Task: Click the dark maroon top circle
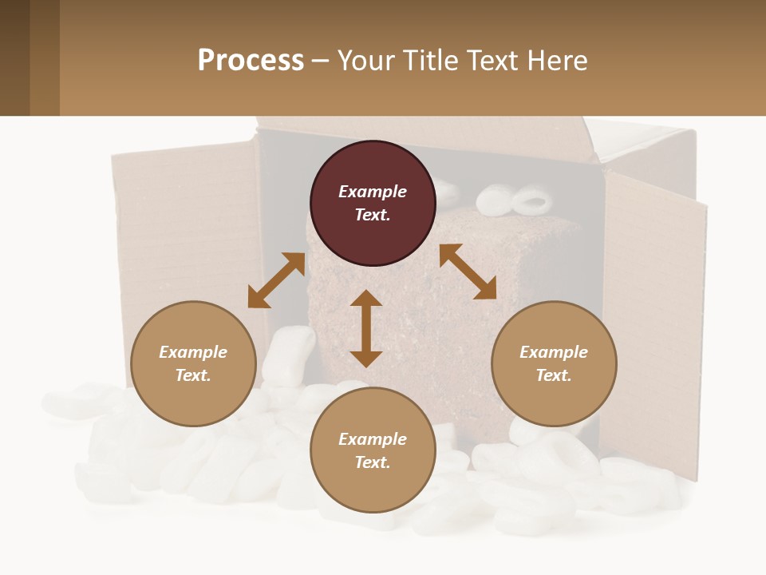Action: coord(373,203)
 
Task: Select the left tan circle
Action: coord(193,363)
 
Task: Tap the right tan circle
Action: coord(554,363)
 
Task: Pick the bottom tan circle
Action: coord(373,450)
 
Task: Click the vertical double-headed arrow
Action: coord(366,328)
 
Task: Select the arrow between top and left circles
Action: coord(276,280)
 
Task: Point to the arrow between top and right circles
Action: coord(468,272)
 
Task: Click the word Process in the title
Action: coord(251,61)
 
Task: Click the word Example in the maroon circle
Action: coord(373,192)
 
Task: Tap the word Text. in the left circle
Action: coord(193,375)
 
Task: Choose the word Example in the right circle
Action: coord(554,352)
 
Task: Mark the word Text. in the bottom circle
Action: coord(373,462)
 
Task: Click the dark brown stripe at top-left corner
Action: coord(14,57)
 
